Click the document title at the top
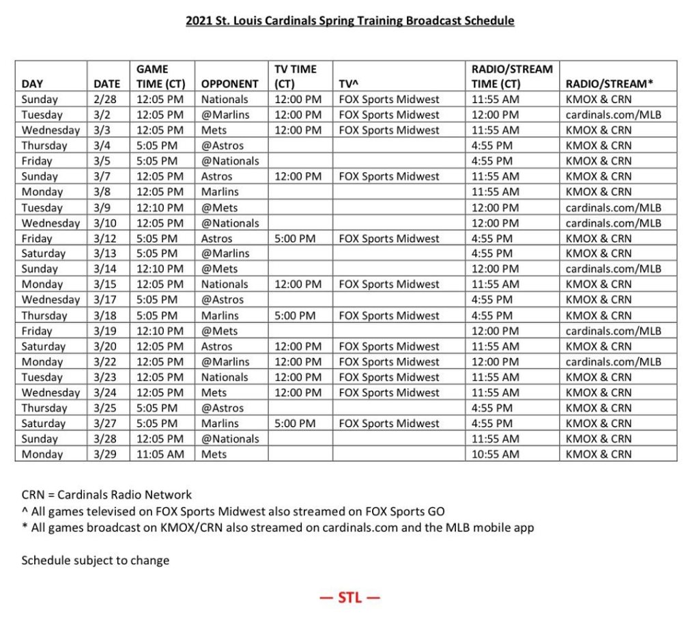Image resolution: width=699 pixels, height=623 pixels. pyautogui.click(x=349, y=20)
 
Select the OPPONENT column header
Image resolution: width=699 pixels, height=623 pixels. pyautogui.click(x=230, y=84)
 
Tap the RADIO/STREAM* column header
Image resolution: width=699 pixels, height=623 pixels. pyautogui.click(x=610, y=84)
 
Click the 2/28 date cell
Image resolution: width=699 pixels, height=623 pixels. pyautogui.click(x=106, y=99)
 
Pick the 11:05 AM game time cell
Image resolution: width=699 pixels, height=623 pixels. pyautogui.click(x=160, y=454)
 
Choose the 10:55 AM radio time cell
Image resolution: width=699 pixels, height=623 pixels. pyautogui.click(x=495, y=454)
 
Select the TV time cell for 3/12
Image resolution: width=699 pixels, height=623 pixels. pyautogui.click(x=298, y=238)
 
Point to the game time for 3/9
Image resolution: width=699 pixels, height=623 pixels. pyautogui.click(x=160, y=208)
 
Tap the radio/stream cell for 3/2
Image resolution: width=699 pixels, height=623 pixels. pyautogui.click(x=613, y=115)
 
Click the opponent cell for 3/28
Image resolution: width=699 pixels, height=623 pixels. pyautogui.click(x=230, y=439)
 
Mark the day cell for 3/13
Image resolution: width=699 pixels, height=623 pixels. pyautogui.click(x=44, y=253)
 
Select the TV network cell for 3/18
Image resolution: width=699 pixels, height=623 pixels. pyautogui.click(x=389, y=316)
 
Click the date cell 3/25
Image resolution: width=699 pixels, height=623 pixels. pyautogui.click(x=106, y=408)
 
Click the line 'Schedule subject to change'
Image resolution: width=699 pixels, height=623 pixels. pyautogui.click(x=96, y=561)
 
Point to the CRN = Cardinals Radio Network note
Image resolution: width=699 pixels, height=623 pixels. pyautogui.click(x=106, y=495)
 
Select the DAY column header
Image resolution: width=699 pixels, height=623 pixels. pyautogui.click(x=32, y=84)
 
